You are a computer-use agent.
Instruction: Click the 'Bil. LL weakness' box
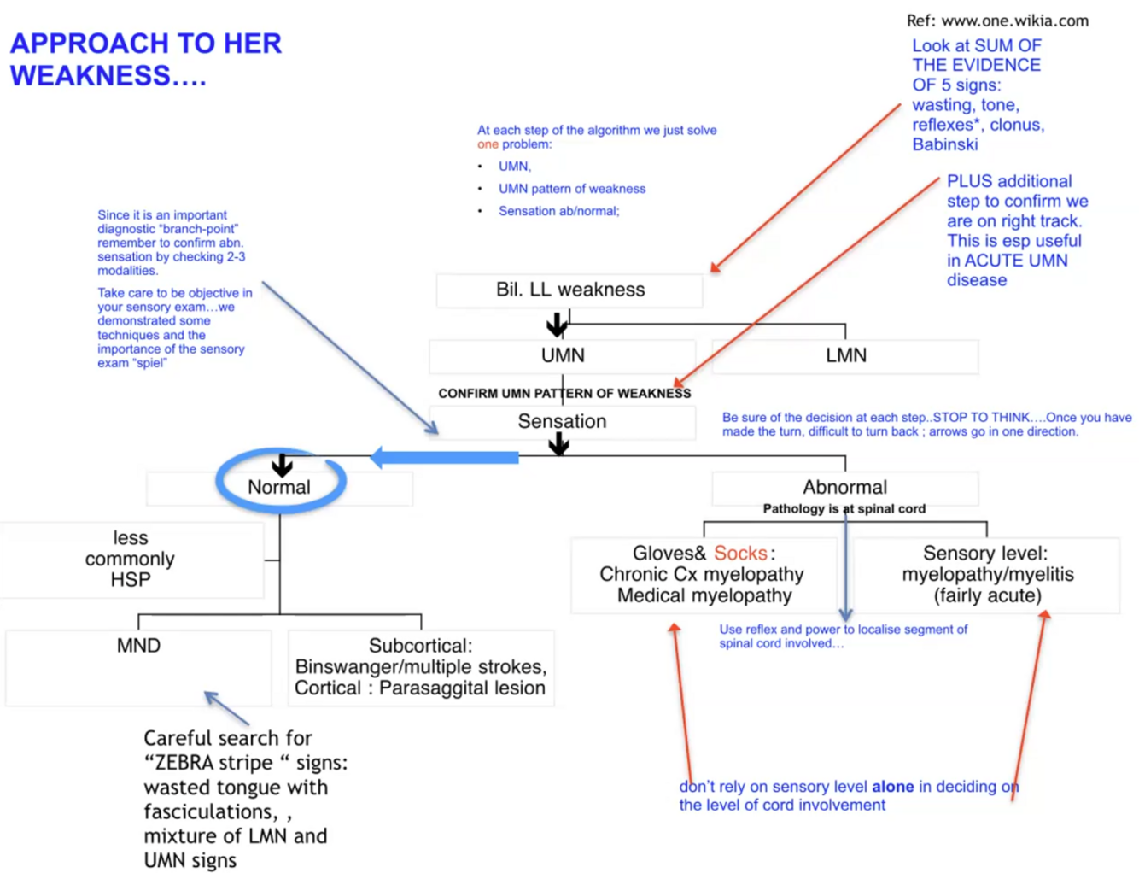tap(569, 290)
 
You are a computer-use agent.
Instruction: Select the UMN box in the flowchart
tap(563, 355)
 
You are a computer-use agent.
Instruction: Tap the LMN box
tap(845, 355)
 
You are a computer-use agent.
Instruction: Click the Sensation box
tap(562, 421)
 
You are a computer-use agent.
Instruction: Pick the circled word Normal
tap(279, 487)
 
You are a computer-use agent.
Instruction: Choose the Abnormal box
tap(844, 487)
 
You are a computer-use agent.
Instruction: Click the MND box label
tap(138, 646)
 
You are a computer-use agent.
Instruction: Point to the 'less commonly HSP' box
tap(131, 559)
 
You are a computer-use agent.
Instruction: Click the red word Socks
tap(739, 554)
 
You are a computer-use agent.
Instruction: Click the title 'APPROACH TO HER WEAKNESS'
tap(145, 59)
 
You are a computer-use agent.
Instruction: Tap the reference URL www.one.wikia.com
tap(1014, 21)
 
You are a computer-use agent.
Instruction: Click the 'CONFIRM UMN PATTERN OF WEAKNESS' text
tap(564, 394)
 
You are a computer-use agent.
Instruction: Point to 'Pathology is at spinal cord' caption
tap(844, 509)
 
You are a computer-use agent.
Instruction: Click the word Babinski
tap(944, 144)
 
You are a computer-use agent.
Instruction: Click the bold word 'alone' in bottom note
tap(892, 787)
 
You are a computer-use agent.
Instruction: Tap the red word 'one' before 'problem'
tap(488, 144)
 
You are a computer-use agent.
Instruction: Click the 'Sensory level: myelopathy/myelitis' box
tap(987, 574)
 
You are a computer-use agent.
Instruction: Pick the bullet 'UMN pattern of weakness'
tap(572, 189)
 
